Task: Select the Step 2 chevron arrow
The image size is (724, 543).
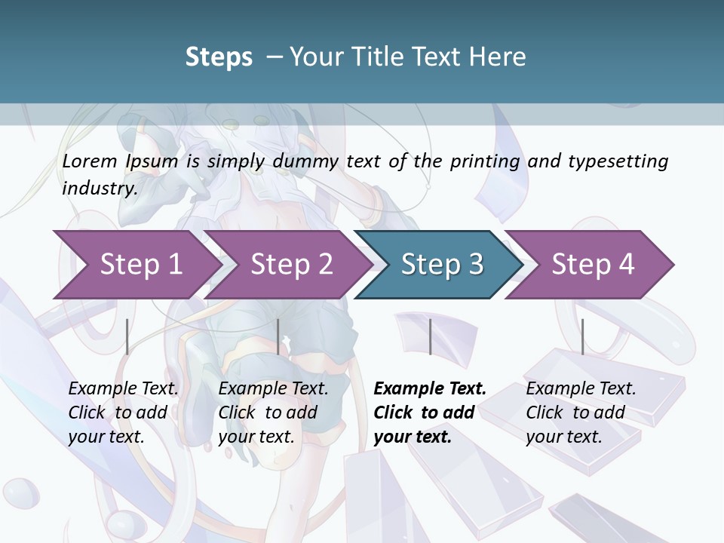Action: [290, 265]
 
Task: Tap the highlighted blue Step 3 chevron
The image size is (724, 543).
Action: [440, 265]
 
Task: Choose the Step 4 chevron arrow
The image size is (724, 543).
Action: [591, 265]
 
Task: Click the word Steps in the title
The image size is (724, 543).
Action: [219, 57]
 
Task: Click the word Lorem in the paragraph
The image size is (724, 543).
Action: [90, 161]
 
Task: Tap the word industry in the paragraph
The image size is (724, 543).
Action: [100, 188]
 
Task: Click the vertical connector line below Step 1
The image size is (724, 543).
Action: [127, 336]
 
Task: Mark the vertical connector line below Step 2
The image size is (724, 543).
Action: [278, 336]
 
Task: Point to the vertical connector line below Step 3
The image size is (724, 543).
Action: [430, 336]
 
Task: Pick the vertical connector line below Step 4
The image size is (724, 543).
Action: [582, 336]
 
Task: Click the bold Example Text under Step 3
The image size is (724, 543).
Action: [430, 388]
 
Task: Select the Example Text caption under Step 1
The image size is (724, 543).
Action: [123, 388]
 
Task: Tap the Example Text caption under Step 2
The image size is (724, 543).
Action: [273, 388]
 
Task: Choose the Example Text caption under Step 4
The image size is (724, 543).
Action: [581, 388]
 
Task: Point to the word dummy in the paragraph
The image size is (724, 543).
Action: [306, 161]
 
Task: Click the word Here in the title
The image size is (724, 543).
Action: [499, 57]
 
